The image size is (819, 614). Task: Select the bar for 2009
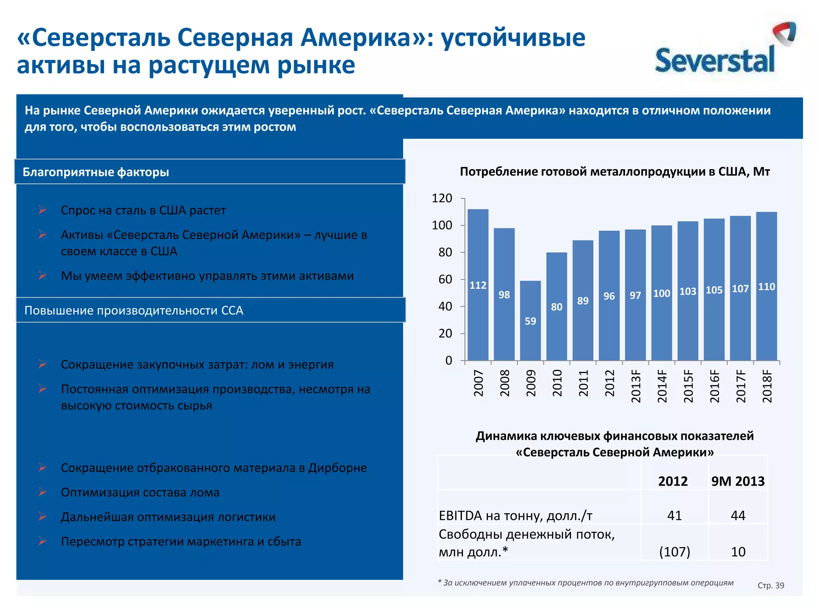tap(530, 320)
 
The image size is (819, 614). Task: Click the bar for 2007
tap(478, 284)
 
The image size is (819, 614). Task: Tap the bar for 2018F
tap(766, 286)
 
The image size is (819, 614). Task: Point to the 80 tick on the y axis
tap(445, 253)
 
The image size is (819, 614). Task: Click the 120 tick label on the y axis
tap(442, 198)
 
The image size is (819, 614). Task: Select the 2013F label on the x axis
tap(636, 386)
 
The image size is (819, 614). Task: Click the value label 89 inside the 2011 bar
tap(583, 301)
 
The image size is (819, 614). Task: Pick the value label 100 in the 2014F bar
tap(661, 293)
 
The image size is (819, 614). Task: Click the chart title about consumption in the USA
tap(615, 172)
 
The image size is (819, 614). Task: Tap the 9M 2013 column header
tap(738, 481)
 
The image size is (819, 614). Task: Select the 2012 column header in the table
tap(673, 481)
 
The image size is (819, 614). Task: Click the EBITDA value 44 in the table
tap(738, 516)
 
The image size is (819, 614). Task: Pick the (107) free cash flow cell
tap(674, 552)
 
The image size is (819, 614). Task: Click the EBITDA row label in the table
tap(515, 516)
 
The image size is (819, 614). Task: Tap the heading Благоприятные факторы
tap(96, 172)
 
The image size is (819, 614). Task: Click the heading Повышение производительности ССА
tap(134, 311)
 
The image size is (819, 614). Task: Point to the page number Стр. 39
tap(771, 586)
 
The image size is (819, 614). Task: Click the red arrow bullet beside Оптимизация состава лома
tap(42, 492)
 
